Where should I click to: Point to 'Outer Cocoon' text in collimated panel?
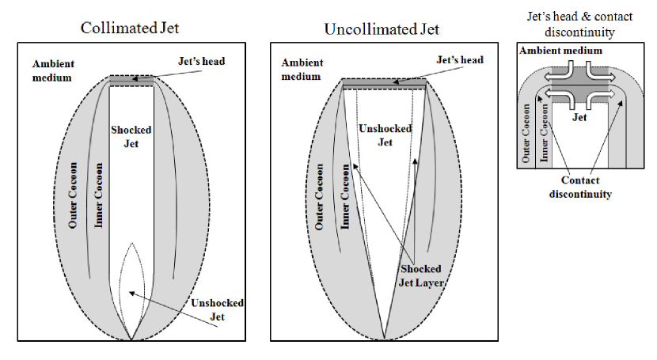pos(72,199)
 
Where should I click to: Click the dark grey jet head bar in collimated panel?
pos(131,81)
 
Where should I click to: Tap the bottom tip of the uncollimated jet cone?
pos(385,338)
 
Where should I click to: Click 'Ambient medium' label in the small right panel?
pos(560,51)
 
